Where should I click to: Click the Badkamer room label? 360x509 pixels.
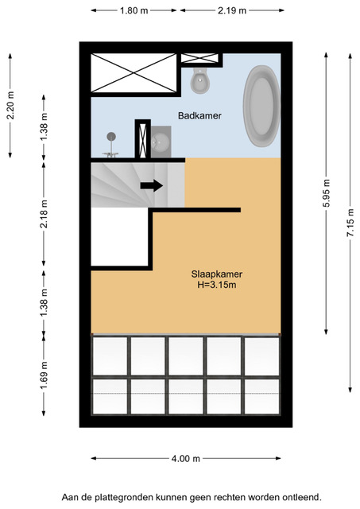click(x=199, y=115)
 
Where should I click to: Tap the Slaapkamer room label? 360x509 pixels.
click(x=217, y=274)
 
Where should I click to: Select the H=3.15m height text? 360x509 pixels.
click(x=217, y=286)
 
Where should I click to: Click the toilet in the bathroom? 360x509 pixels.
click(x=199, y=80)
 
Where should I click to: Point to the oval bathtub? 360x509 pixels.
click(x=261, y=106)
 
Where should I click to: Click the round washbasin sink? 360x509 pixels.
click(x=160, y=142)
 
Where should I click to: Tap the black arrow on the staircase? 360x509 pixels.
click(x=152, y=185)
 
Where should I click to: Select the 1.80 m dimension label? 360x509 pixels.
click(x=134, y=10)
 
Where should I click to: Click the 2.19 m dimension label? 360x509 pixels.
click(x=232, y=10)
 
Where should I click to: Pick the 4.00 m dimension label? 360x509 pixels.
click(x=185, y=459)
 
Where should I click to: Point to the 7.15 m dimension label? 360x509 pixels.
click(x=350, y=223)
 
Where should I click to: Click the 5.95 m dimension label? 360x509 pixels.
click(x=327, y=193)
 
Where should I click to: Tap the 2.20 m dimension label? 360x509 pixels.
click(x=10, y=106)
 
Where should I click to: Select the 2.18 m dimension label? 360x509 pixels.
click(x=44, y=214)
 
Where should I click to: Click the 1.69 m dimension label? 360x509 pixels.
click(x=44, y=375)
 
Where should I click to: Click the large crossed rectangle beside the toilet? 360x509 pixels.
click(x=134, y=73)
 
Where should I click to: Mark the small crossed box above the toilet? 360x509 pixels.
click(x=199, y=58)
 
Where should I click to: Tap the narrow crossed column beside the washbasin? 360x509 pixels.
click(x=143, y=139)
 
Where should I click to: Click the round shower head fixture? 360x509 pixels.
click(x=111, y=137)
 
